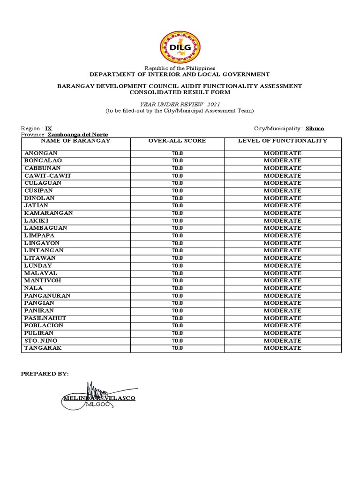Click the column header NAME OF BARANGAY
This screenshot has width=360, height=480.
click(75, 141)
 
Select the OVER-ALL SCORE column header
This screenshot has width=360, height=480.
click(177, 141)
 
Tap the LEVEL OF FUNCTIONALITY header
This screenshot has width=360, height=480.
click(283, 141)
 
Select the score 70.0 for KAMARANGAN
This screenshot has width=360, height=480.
click(177, 213)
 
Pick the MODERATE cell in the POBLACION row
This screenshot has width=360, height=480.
click(282, 326)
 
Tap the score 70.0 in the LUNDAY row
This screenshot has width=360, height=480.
click(177, 266)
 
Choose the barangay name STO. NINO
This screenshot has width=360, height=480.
click(42, 341)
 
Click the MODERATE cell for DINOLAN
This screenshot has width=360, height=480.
click(282, 198)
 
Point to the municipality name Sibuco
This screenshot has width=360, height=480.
click(315, 128)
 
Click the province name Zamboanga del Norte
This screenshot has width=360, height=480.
click(77, 135)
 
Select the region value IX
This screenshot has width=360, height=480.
click(49, 128)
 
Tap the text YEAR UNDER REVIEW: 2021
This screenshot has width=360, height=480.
click(180, 104)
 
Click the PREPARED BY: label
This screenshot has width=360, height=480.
click(45, 374)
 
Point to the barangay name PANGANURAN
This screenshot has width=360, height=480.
click(47, 296)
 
